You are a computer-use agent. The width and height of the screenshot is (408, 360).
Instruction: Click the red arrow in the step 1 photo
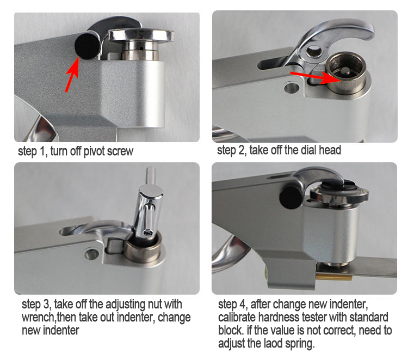tap(72, 74)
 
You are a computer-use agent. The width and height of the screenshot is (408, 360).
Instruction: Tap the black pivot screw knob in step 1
tap(87, 46)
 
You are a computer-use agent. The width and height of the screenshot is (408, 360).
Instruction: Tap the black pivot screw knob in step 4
tap(291, 197)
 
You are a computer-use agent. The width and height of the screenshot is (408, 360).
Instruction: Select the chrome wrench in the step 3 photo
tap(149, 206)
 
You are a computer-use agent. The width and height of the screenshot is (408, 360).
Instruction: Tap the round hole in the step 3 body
tap(91, 253)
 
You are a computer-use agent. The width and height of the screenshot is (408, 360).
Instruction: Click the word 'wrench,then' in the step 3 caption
tap(49, 318)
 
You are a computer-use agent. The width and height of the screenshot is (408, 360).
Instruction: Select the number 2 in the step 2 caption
tap(241, 150)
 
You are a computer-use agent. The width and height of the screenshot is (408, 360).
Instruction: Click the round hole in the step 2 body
tap(292, 88)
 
